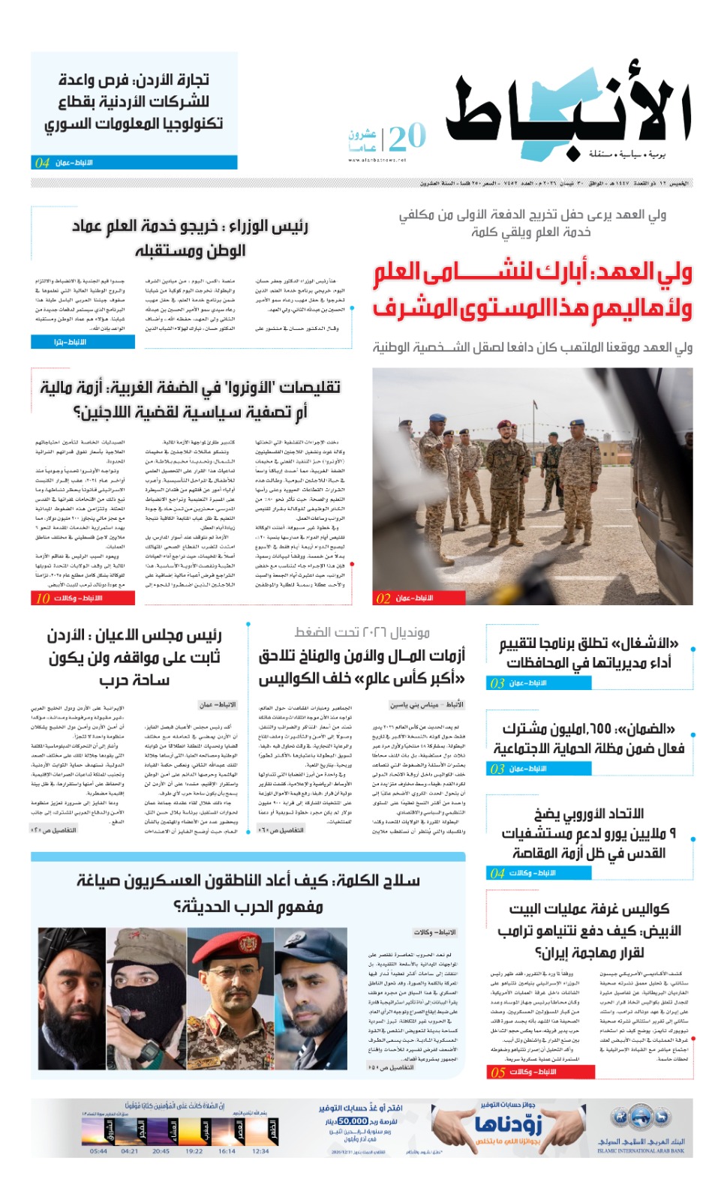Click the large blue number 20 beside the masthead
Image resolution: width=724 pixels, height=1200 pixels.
coord(407,137)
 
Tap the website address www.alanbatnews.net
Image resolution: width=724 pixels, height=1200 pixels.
coord(377,160)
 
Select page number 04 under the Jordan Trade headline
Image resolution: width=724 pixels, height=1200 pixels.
coord(42,163)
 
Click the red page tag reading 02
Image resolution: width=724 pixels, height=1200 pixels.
coord(383,598)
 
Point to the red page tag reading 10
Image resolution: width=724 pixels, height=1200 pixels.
coord(42,598)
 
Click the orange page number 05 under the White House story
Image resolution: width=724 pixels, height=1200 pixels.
coord(497,1072)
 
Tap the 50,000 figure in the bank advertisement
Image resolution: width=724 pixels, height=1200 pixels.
coord(352,1120)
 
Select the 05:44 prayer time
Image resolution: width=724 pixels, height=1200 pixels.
coord(98,1150)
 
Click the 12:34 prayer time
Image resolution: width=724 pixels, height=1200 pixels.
coord(260,1150)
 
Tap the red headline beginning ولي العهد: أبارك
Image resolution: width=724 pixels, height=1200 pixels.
coord(532,290)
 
